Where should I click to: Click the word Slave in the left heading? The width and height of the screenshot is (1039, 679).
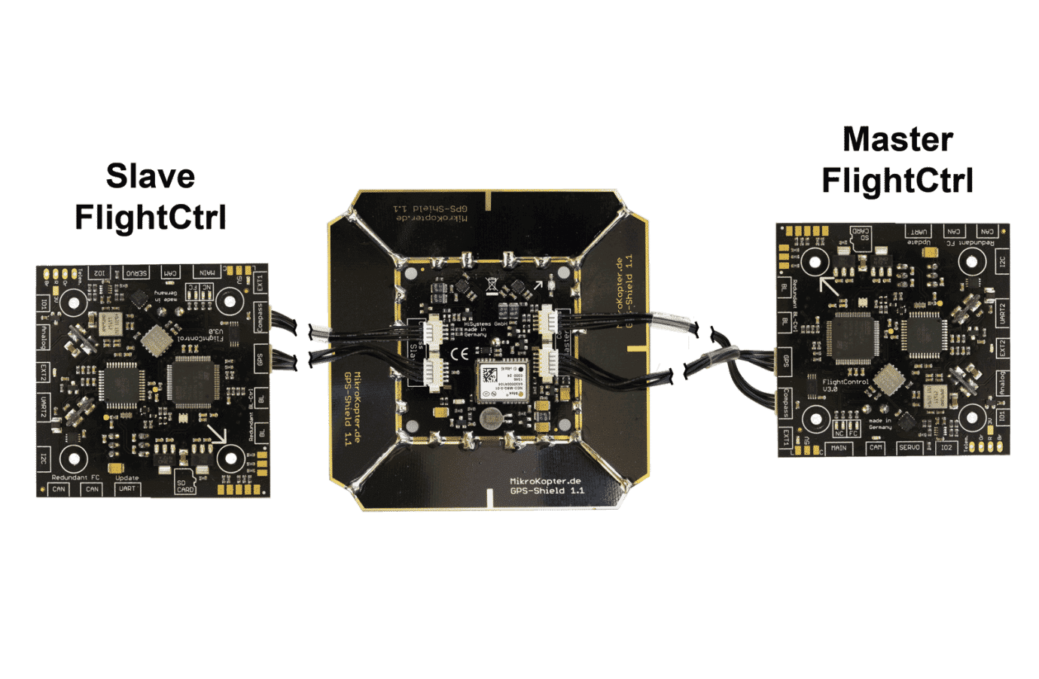click(x=151, y=176)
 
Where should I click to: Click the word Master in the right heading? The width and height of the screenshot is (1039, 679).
click(x=897, y=140)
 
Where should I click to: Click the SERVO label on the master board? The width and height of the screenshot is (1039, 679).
click(x=910, y=447)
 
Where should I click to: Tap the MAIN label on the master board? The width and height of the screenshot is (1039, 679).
click(x=838, y=448)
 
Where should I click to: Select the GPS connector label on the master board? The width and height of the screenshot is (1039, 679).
click(x=785, y=361)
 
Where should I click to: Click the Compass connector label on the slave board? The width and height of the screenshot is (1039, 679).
click(x=261, y=317)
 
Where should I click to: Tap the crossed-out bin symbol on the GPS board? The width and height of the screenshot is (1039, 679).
click(x=491, y=284)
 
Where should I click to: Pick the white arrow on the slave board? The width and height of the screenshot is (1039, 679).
click(x=218, y=434)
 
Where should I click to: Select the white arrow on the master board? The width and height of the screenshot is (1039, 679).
click(x=830, y=285)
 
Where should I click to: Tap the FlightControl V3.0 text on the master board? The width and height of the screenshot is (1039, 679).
click(x=845, y=385)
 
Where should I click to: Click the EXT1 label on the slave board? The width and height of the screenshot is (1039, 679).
click(x=261, y=283)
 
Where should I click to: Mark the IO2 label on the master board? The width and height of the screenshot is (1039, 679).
click(x=945, y=447)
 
